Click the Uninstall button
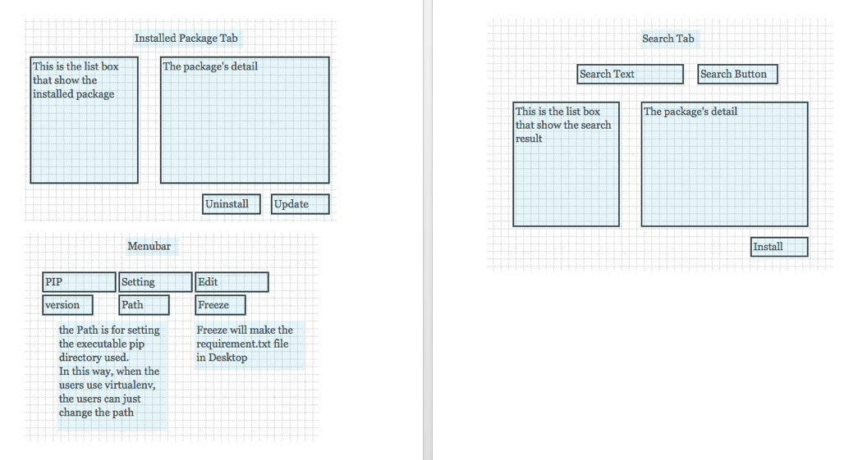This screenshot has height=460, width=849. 232,204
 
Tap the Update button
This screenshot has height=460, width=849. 300,204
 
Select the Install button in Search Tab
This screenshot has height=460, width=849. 778,247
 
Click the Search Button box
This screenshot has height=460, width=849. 737,75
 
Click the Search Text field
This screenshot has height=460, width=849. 630,75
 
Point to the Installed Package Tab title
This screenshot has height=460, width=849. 186,39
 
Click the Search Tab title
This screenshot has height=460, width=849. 668,39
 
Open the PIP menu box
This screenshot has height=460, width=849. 79,282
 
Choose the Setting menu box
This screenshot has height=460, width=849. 155,282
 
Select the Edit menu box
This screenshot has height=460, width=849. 232,282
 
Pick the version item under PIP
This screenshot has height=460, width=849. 67,305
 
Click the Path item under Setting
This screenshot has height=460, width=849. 144,305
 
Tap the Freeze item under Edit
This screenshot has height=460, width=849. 220,305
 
